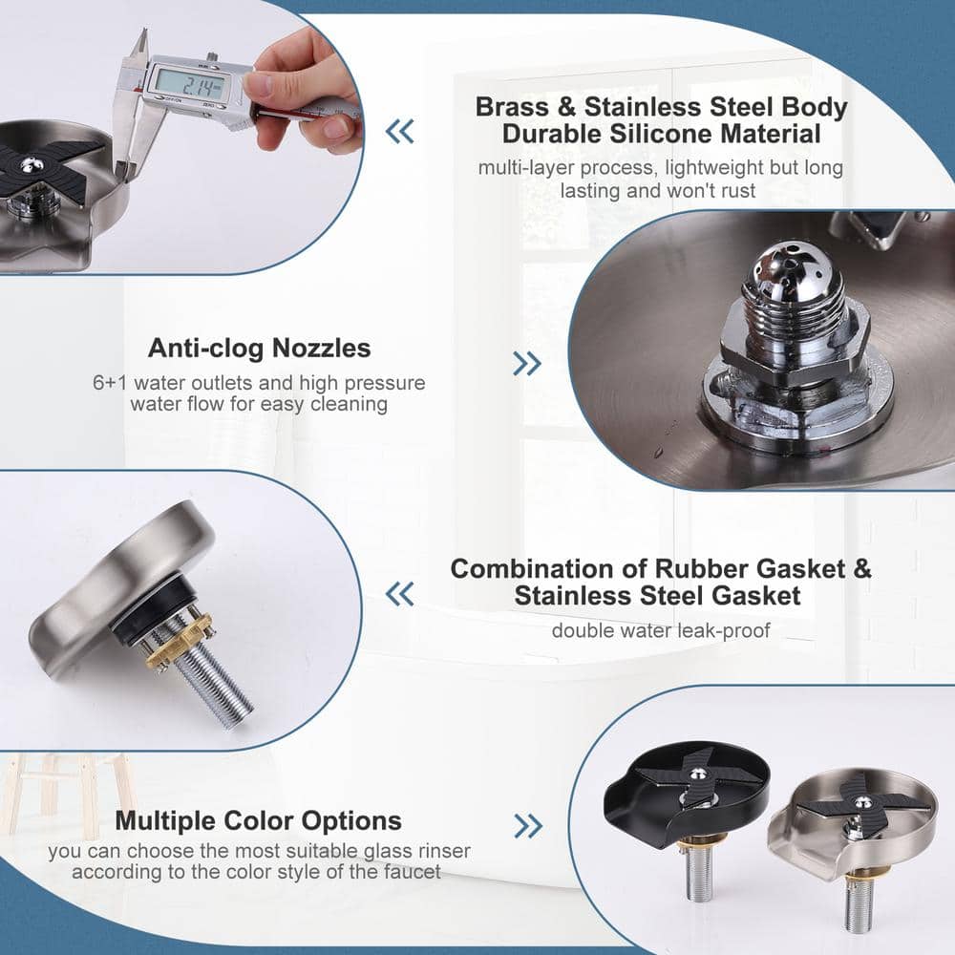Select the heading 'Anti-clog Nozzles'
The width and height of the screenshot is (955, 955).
tap(259, 348)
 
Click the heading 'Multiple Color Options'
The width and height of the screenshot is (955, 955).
tap(258, 820)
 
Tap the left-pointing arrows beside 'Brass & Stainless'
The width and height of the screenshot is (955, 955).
tap(399, 131)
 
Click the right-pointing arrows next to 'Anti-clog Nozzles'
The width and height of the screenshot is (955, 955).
tap(526, 363)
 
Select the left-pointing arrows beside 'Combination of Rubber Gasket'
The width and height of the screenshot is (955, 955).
tap(399, 595)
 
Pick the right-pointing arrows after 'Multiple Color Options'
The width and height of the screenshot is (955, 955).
tap(527, 825)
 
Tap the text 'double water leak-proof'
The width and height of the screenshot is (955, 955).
tap(660, 629)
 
